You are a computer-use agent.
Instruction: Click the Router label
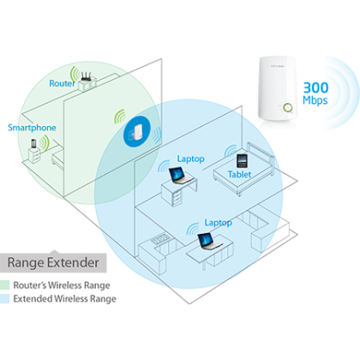62,83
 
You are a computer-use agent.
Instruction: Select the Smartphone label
32,128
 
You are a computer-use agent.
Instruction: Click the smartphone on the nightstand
33,143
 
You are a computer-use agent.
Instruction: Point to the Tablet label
239,174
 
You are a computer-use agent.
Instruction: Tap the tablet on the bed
242,161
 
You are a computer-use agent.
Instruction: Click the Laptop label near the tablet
191,159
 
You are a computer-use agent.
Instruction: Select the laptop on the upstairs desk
181,176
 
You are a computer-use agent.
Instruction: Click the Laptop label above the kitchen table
218,223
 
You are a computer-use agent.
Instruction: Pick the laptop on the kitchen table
209,242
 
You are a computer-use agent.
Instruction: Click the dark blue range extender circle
137,132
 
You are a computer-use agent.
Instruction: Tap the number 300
315,87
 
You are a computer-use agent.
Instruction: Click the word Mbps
315,100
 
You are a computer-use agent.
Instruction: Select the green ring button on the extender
288,108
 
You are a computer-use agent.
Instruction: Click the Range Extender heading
53,262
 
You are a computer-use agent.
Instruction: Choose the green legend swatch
4,285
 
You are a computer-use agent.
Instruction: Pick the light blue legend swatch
4,298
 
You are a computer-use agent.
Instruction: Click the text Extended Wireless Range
65,298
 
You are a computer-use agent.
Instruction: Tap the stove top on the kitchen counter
161,239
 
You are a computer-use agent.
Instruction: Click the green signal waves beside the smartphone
45,143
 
